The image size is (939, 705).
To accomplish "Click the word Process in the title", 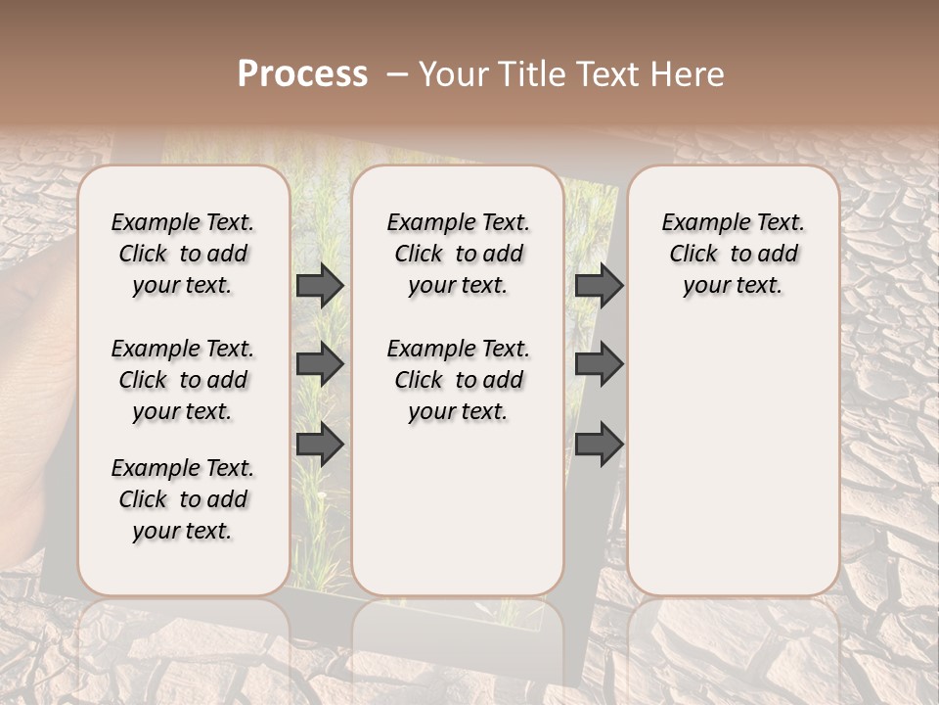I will pyautogui.click(x=302, y=74).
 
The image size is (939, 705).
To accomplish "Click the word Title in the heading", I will pyautogui.click(x=526, y=74).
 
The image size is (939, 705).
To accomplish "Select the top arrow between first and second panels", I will pyautogui.click(x=320, y=285).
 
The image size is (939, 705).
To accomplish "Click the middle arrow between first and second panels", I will pyautogui.click(x=320, y=364).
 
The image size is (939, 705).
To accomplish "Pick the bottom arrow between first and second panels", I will pyautogui.click(x=320, y=445).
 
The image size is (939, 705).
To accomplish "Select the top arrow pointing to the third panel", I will pyautogui.click(x=599, y=285).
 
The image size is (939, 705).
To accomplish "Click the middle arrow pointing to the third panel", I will pyautogui.click(x=599, y=364).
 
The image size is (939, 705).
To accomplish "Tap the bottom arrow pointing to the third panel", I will pyautogui.click(x=599, y=445).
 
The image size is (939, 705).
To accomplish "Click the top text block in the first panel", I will pyautogui.click(x=183, y=254).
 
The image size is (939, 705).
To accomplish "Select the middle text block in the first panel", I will pyautogui.click(x=183, y=380).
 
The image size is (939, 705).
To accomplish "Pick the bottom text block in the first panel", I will pyautogui.click(x=183, y=499).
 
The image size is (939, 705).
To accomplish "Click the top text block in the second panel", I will pyautogui.click(x=459, y=254).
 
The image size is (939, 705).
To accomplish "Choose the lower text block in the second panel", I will pyautogui.click(x=459, y=380).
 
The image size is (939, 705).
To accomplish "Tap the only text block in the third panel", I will pyautogui.click(x=734, y=254).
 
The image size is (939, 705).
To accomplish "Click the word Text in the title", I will pyautogui.click(x=605, y=74).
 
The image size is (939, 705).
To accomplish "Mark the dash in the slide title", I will pyautogui.click(x=397, y=74).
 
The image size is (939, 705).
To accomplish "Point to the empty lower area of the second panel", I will pyautogui.click(x=459, y=509).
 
